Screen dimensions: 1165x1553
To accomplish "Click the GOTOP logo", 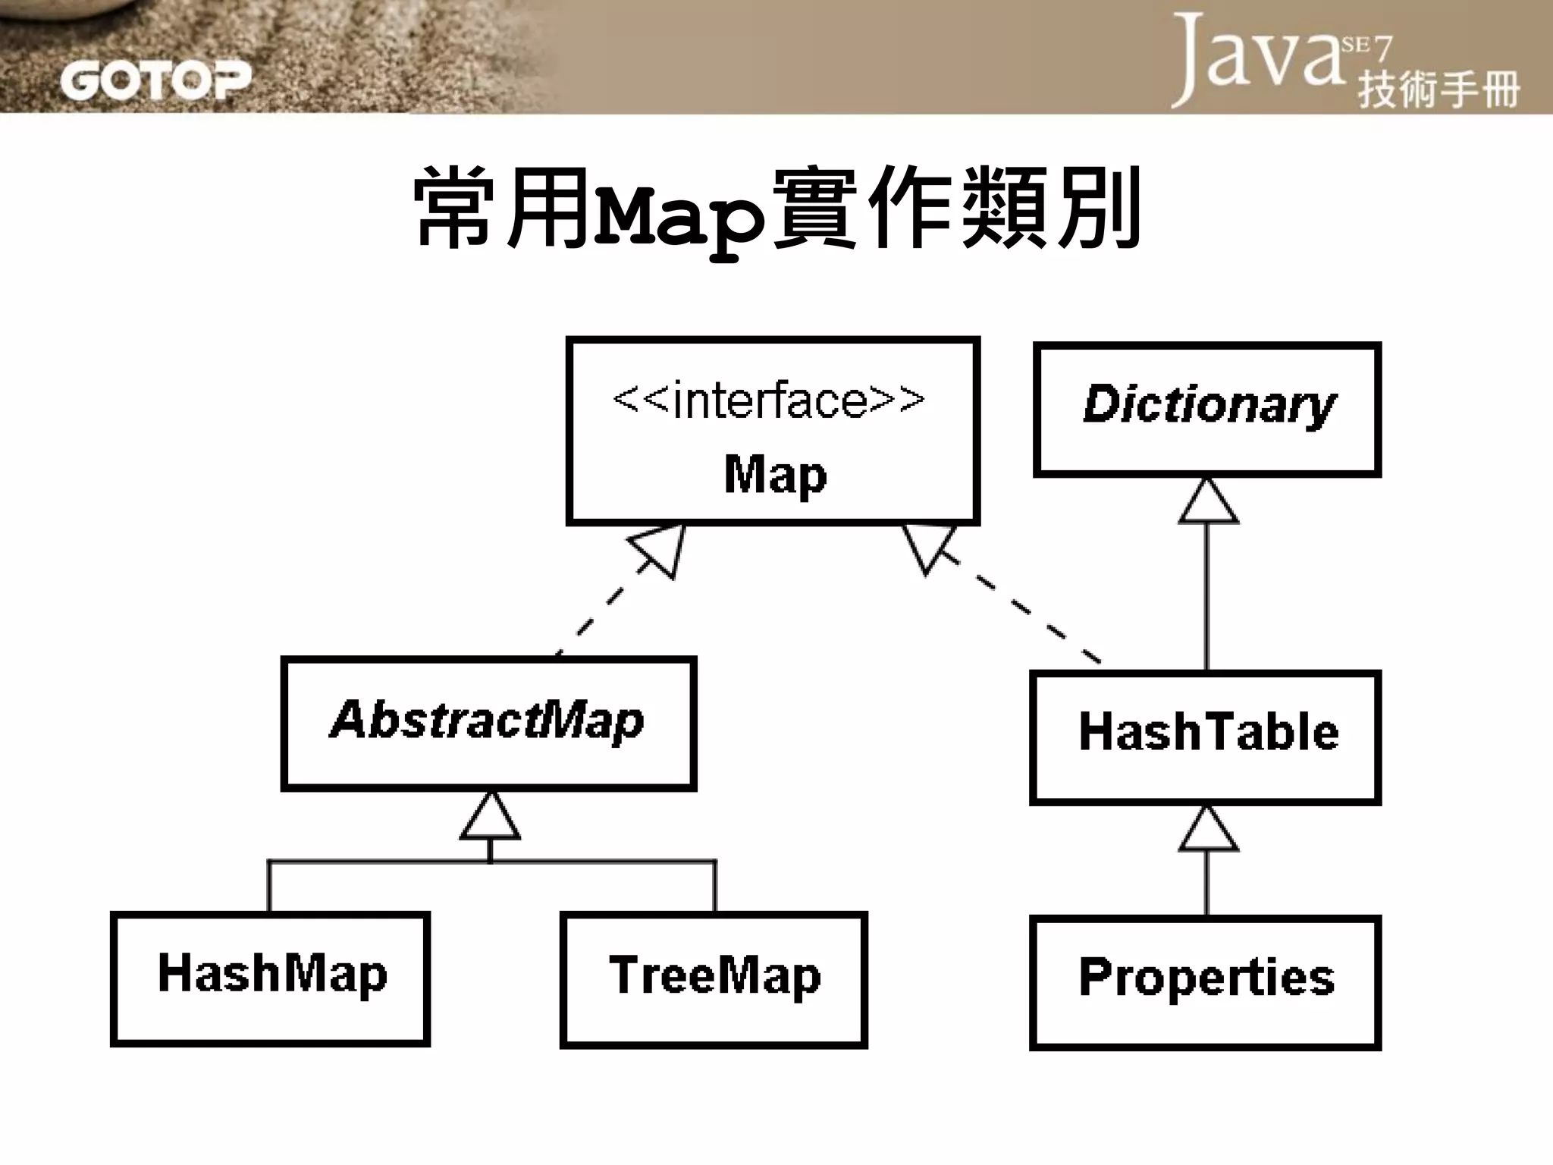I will tap(155, 80).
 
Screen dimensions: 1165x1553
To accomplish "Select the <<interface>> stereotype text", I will tap(769, 400).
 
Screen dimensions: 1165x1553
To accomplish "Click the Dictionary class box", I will tap(1207, 410).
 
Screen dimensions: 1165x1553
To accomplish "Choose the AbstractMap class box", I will tap(488, 724).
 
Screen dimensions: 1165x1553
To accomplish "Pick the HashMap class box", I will tap(271, 978).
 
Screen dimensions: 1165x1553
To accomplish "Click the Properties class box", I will tap(1206, 983).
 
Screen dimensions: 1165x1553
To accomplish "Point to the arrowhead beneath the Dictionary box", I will tap(1208, 502).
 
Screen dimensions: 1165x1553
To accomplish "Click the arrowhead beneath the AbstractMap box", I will tap(491, 818).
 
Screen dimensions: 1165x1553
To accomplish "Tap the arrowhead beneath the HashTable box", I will tap(1208, 830).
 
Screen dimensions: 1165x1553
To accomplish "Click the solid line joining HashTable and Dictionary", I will tap(1207, 599).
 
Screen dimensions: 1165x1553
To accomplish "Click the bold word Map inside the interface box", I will tap(775, 476).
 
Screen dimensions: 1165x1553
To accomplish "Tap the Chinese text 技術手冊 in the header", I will tap(1438, 90).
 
